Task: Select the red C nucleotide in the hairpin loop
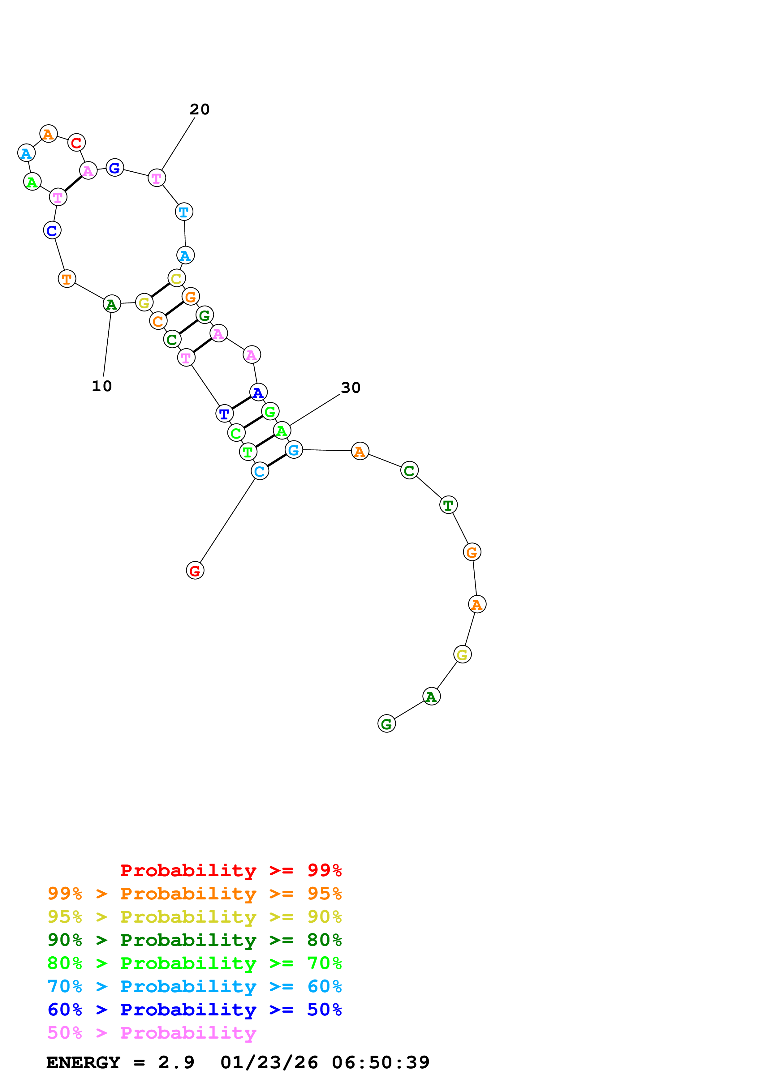pyautogui.click(x=76, y=142)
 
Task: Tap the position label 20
pyautogui.click(x=200, y=109)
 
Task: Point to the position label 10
pyautogui.click(x=101, y=386)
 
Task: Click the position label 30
pyautogui.click(x=351, y=388)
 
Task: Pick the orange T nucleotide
pyautogui.click(x=67, y=279)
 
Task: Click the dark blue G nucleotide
pyautogui.click(x=114, y=167)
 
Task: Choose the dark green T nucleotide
pyautogui.click(x=448, y=505)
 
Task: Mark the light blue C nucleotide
pyautogui.click(x=260, y=471)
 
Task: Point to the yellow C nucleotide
pyautogui.click(x=176, y=278)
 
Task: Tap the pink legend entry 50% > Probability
pyautogui.click(x=152, y=1033)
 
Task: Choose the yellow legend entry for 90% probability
pyautogui.click(x=194, y=917)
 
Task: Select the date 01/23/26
pyautogui.click(x=269, y=1063)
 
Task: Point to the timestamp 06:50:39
pyautogui.click(x=381, y=1063)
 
